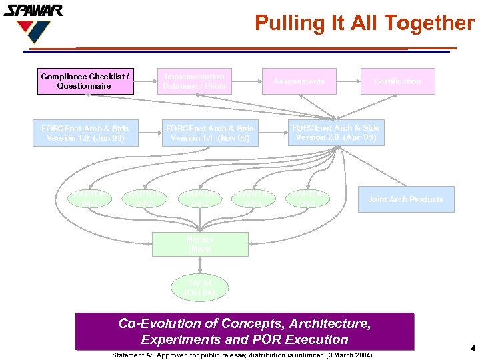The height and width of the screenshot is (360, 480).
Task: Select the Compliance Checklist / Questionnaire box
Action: click(x=84, y=81)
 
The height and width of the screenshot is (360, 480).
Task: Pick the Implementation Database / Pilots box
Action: click(x=195, y=81)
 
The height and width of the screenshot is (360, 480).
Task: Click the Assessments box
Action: click(x=299, y=81)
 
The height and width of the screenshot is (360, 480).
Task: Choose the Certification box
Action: click(x=397, y=81)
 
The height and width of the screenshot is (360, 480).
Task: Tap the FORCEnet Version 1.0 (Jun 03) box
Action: click(x=85, y=133)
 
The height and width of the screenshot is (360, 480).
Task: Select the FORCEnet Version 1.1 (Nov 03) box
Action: click(x=209, y=133)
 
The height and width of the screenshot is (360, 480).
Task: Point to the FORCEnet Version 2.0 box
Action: click(x=335, y=133)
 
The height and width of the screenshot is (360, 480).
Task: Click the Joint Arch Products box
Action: click(x=405, y=199)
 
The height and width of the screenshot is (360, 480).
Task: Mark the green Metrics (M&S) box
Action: click(x=200, y=244)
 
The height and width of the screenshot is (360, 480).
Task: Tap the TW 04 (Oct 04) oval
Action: click(x=200, y=287)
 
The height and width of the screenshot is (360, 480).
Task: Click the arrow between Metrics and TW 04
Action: click(x=200, y=265)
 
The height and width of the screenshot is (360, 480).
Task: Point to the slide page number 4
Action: click(x=472, y=349)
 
